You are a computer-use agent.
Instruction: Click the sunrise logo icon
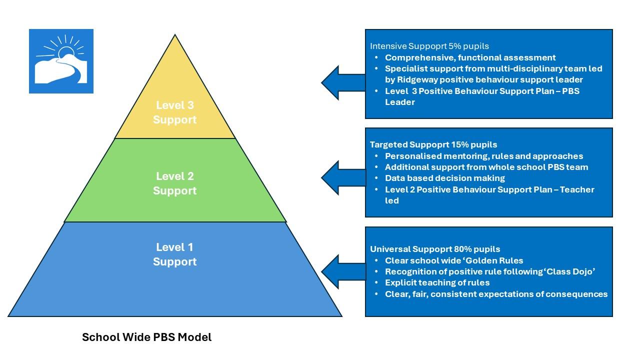pos(61,61)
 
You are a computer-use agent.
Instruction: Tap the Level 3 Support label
pos(174,112)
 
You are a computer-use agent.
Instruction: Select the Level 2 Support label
pos(174,183)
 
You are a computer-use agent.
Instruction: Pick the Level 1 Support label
pos(174,254)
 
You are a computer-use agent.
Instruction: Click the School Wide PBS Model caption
pos(146,337)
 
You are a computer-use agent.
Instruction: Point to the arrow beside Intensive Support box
pos(343,82)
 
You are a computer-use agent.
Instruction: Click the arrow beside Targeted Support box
pos(343,177)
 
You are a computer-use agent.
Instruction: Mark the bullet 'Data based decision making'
pos(444,178)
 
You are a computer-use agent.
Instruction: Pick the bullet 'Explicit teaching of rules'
pos(437,282)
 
